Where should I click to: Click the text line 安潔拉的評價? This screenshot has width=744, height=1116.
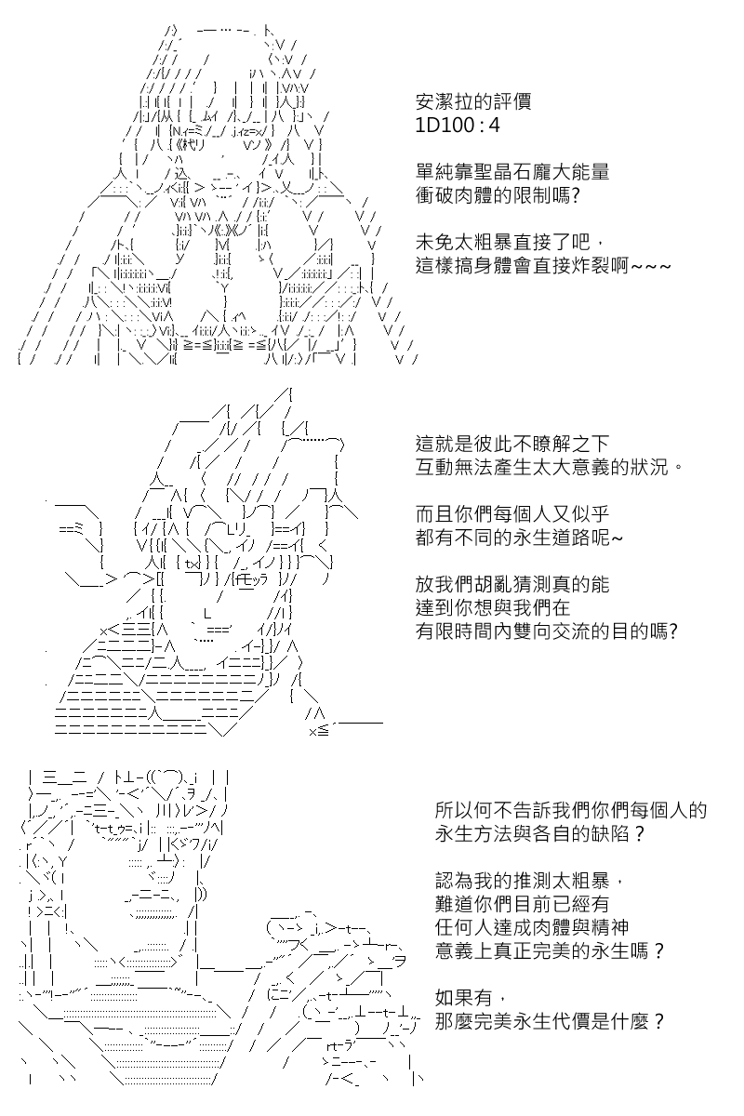[473, 101]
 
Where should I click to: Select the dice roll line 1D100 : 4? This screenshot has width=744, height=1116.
[458, 125]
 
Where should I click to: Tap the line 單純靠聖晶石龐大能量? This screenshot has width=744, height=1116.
[512, 172]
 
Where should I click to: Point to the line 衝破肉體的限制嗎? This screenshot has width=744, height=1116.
[498, 195]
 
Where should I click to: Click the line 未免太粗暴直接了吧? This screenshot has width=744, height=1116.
[511, 243]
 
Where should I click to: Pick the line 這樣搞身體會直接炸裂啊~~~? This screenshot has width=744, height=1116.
[543, 266]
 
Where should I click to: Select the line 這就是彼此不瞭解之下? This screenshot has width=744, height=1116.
[512, 444]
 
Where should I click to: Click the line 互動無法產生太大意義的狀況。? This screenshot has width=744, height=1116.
[550, 467]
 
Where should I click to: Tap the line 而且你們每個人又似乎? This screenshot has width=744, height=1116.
[512, 514]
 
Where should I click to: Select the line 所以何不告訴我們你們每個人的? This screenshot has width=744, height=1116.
[571, 811]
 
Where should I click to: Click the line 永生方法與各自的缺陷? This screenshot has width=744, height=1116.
[540, 834]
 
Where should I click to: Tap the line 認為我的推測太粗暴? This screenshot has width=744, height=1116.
[529, 882]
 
